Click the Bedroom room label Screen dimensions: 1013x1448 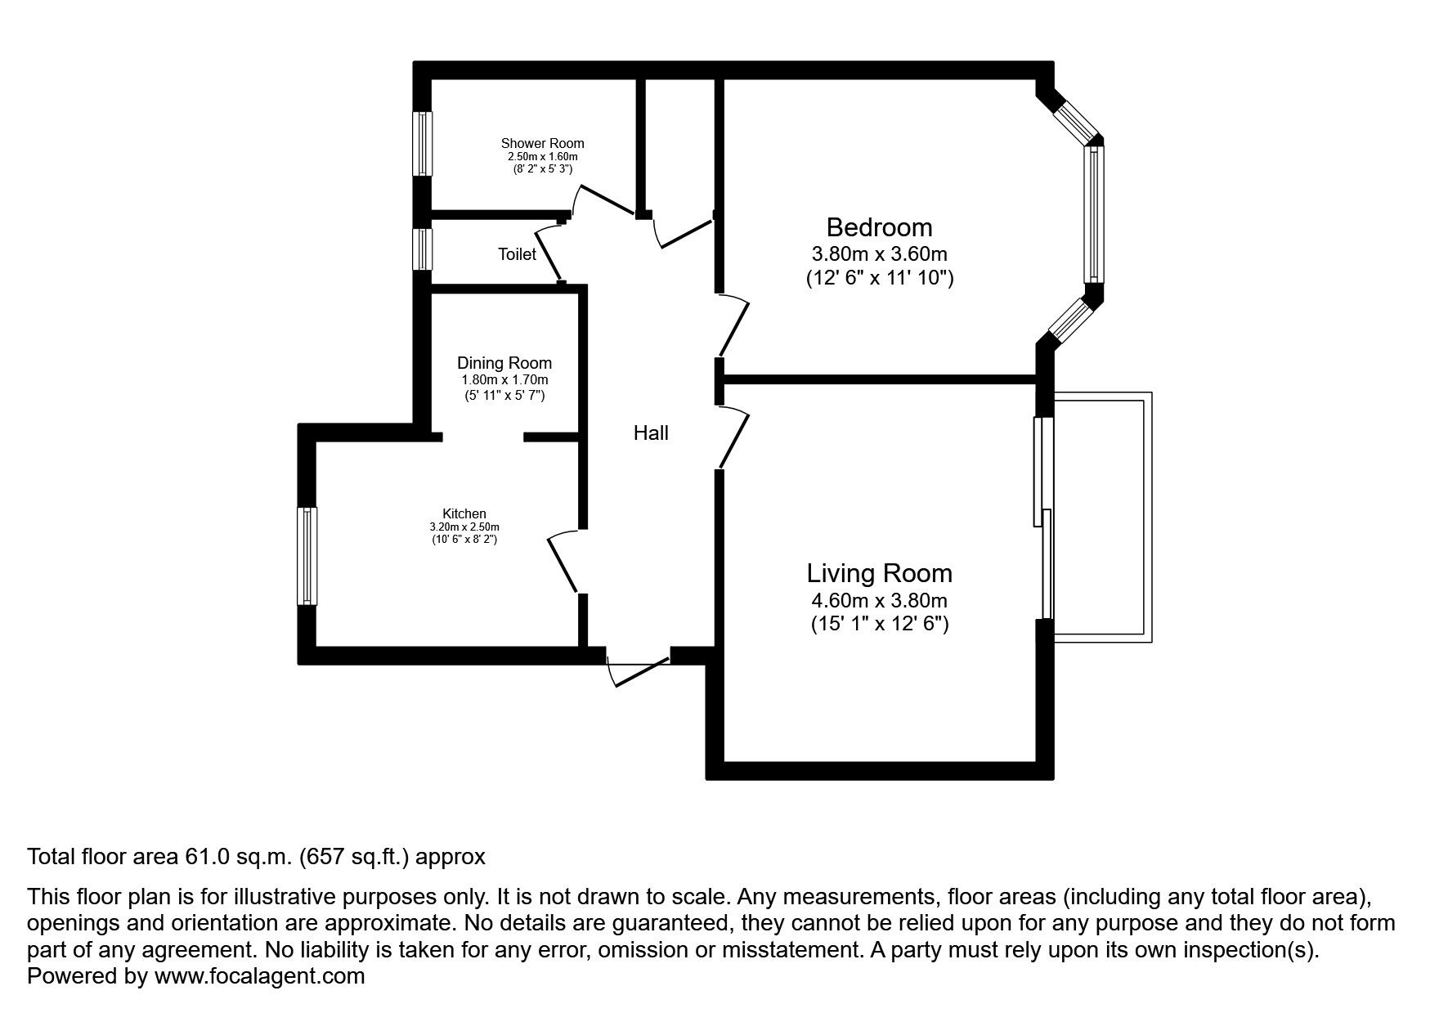click(879, 226)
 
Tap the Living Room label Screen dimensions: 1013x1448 click(879, 572)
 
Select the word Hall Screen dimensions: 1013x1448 click(651, 433)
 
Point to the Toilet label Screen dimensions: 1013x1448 click(517, 254)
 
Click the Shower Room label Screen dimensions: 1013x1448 click(542, 143)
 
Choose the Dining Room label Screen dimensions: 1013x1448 click(504, 363)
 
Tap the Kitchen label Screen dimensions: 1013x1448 click(464, 513)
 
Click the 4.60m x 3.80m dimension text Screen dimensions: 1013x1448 click(879, 601)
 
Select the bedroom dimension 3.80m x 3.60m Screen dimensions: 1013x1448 click(879, 254)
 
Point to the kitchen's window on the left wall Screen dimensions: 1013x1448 click(307, 556)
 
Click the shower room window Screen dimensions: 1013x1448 click(423, 143)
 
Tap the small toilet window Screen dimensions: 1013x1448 click(422, 249)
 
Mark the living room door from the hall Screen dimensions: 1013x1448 click(734, 439)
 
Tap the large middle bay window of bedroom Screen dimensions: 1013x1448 click(1094, 214)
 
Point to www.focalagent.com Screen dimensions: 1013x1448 click(259, 976)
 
